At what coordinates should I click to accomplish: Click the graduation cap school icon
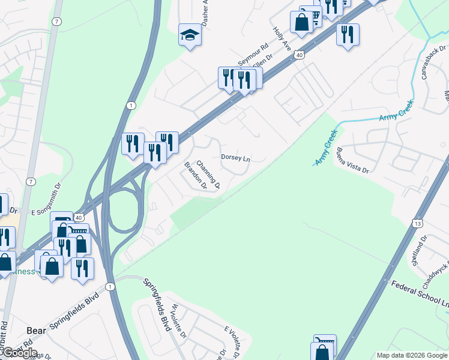coord(190,35)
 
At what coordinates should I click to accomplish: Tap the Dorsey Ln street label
coord(235,158)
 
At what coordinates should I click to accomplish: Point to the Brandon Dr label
coord(195,176)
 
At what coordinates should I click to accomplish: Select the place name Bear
coord(37,330)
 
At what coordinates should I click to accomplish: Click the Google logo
coord(19,353)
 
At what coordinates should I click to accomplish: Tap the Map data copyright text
coord(412,355)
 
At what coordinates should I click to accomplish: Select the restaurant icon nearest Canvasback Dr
coord(348,35)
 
